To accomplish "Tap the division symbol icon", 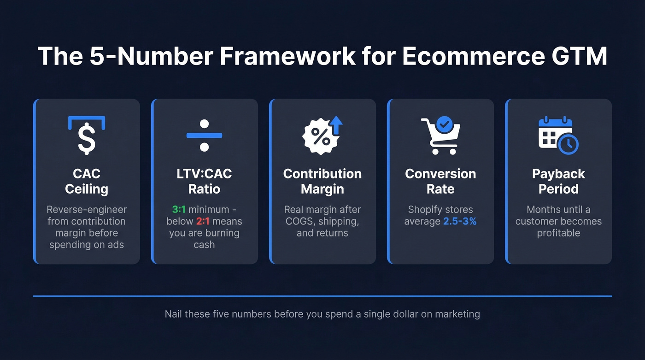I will [204, 136].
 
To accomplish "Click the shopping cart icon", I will [440, 136].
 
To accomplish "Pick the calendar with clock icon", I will [558, 136].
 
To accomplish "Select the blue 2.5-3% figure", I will [460, 221].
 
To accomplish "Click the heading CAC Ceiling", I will [87, 181].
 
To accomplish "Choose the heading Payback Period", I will [558, 181].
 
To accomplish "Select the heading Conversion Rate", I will [440, 181].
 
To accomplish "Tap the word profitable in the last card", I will [558, 233].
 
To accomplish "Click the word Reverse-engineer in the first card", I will [87, 209].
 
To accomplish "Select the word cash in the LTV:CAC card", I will [204, 245].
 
